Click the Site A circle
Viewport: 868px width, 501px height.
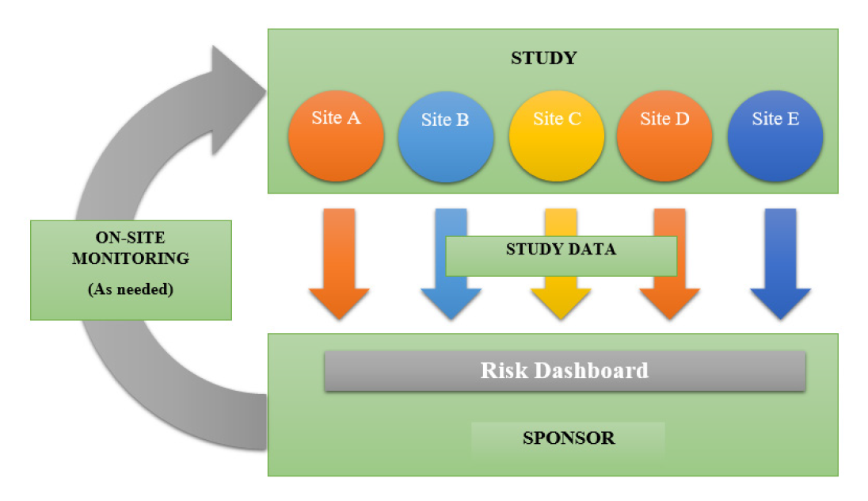(x=336, y=136)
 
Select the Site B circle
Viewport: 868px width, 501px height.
(x=446, y=137)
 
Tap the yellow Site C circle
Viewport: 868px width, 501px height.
(x=556, y=136)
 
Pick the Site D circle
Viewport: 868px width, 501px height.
(x=664, y=136)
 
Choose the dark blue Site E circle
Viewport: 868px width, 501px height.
(x=775, y=136)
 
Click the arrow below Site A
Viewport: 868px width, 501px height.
(x=339, y=264)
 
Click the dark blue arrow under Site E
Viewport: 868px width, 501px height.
(x=781, y=264)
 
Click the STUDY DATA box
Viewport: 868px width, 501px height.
(x=562, y=256)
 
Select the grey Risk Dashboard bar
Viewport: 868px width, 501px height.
(x=565, y=371)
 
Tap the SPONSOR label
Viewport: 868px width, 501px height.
(x=569, y=438)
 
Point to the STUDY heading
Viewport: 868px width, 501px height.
(x=543, y=58)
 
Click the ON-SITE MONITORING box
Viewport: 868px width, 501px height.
(x=131, y=270)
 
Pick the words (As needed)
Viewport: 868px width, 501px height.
(x=131, y=289)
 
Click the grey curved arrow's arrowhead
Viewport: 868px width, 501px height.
(x=239, y=101)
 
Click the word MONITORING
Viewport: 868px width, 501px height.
(x=131, y=258)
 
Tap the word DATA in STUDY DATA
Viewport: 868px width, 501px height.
(x=592, y=249)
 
